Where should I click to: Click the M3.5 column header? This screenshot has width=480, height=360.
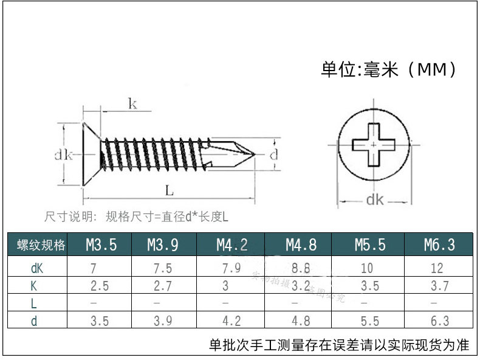point(101,245)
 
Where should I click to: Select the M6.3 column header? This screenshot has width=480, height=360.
point(439,245)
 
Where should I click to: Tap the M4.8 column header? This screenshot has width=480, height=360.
point(301,245)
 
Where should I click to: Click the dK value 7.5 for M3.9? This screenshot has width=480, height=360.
point(163,268)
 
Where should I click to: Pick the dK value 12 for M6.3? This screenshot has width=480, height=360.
point(436,268)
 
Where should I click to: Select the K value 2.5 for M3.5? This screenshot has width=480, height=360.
point(99,286)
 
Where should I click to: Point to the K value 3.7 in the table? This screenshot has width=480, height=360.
point(436,286)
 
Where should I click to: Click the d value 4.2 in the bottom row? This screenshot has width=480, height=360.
point(231,321)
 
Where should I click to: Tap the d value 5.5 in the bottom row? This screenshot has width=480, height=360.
point(369,321)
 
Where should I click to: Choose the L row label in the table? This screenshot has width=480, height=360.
point(35,303)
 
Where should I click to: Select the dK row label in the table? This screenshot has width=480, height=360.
point(36,268)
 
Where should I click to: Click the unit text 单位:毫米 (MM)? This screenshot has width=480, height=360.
point(389,70)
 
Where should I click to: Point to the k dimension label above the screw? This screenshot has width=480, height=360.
point(132,104)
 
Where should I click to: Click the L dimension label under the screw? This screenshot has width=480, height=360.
point(170,191)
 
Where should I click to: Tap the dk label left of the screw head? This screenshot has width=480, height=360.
point(63,155)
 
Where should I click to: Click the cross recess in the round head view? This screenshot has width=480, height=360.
point(374,145)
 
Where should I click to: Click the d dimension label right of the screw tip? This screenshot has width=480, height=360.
point(273,154)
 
